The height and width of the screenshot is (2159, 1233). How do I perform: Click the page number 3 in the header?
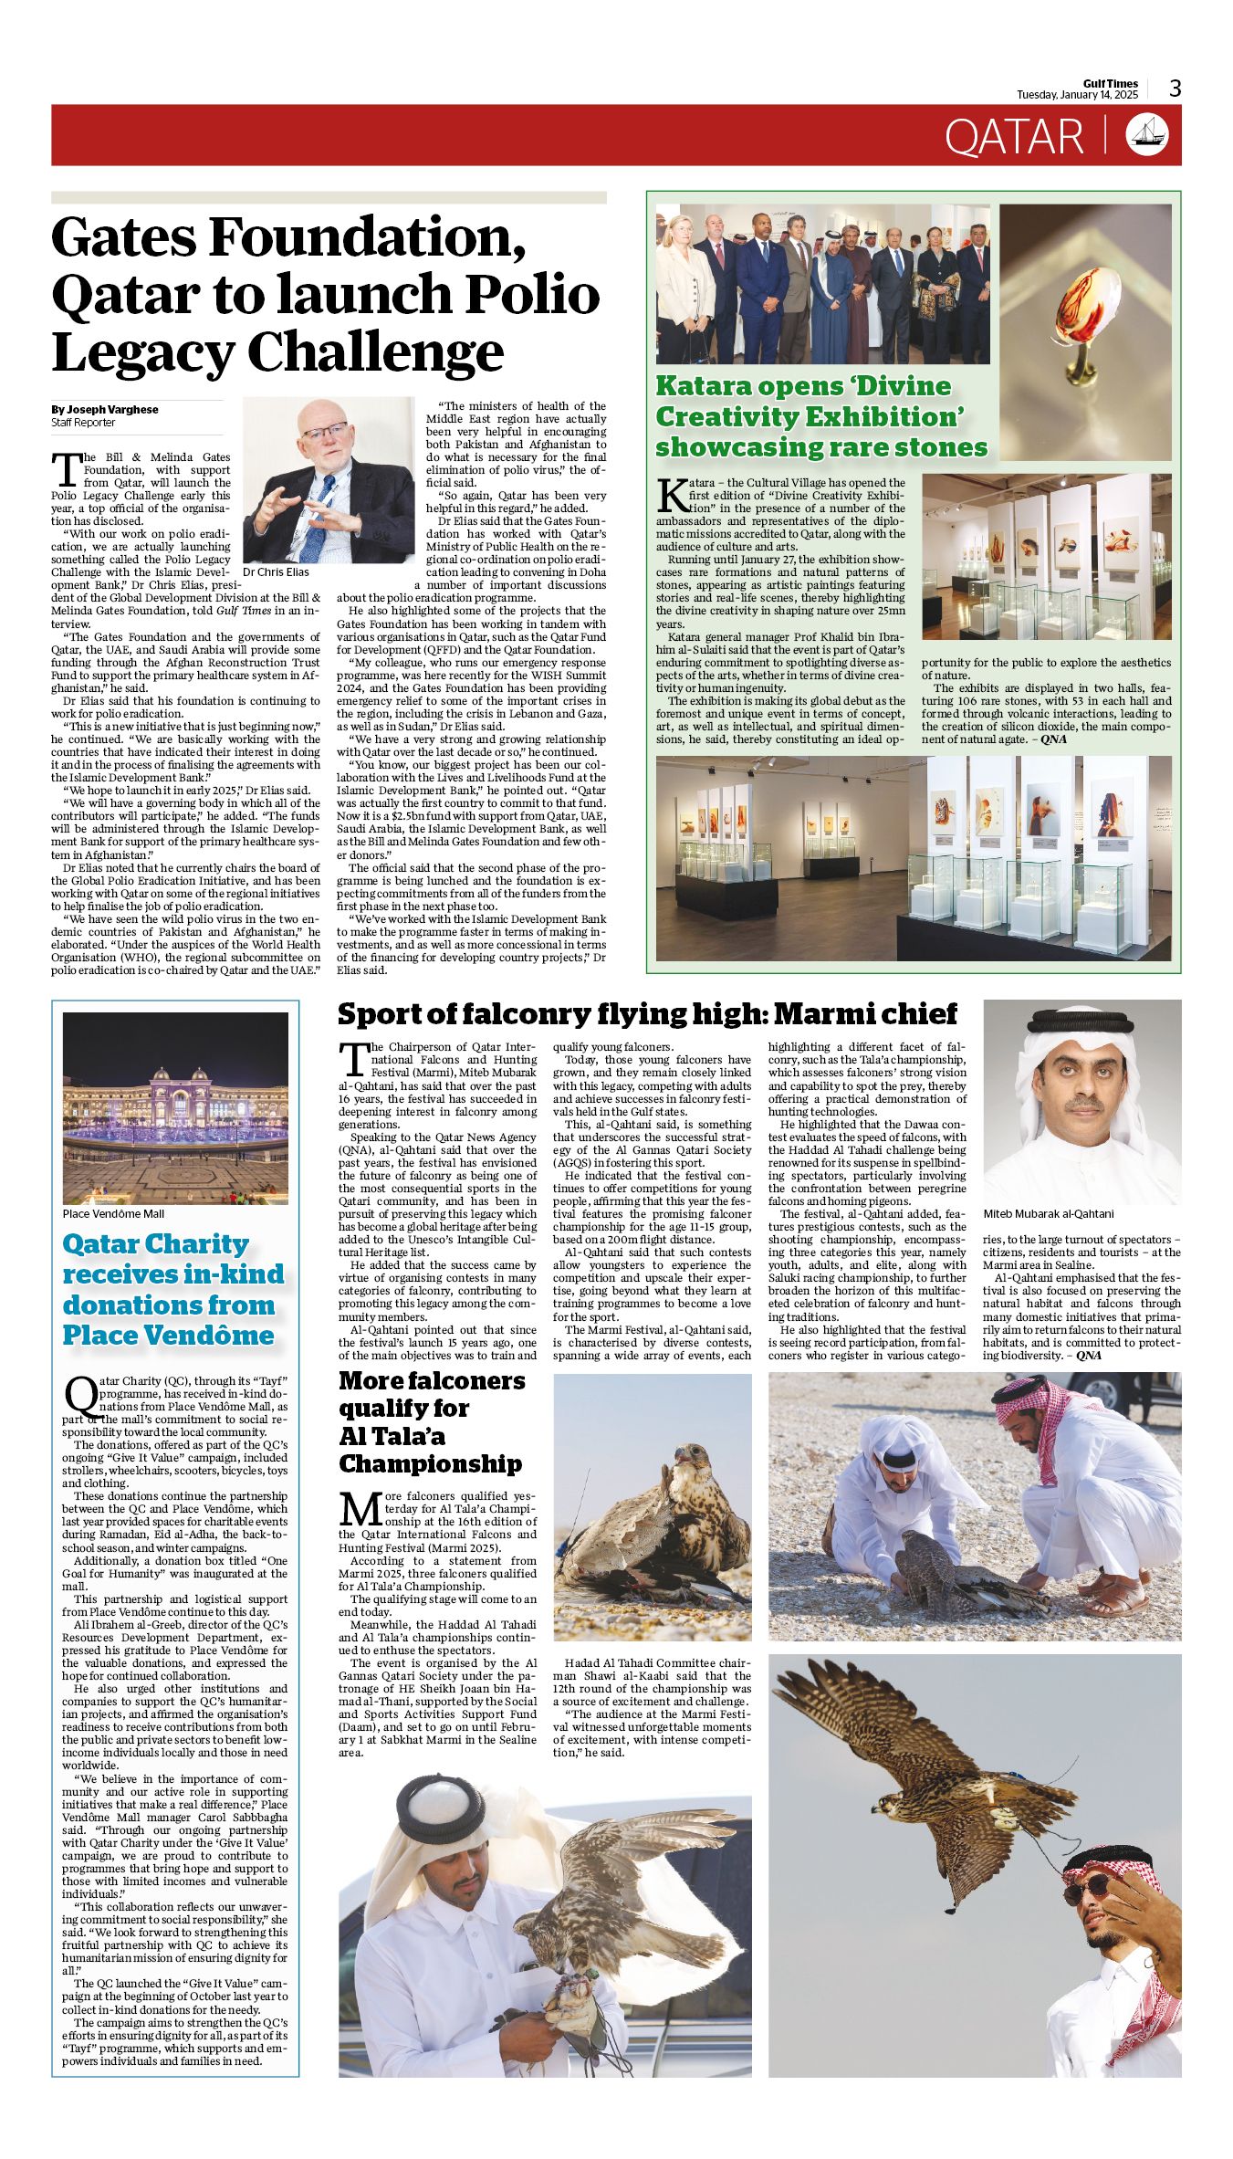point(1176,89)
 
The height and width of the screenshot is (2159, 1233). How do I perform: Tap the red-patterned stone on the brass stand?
point(1079,316)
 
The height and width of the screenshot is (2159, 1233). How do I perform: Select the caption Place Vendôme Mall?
point(113,1213)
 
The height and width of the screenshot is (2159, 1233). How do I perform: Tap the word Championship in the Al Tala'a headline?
point(430,1463)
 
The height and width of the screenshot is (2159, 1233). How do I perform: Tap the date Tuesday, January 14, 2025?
point(1077,95)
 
